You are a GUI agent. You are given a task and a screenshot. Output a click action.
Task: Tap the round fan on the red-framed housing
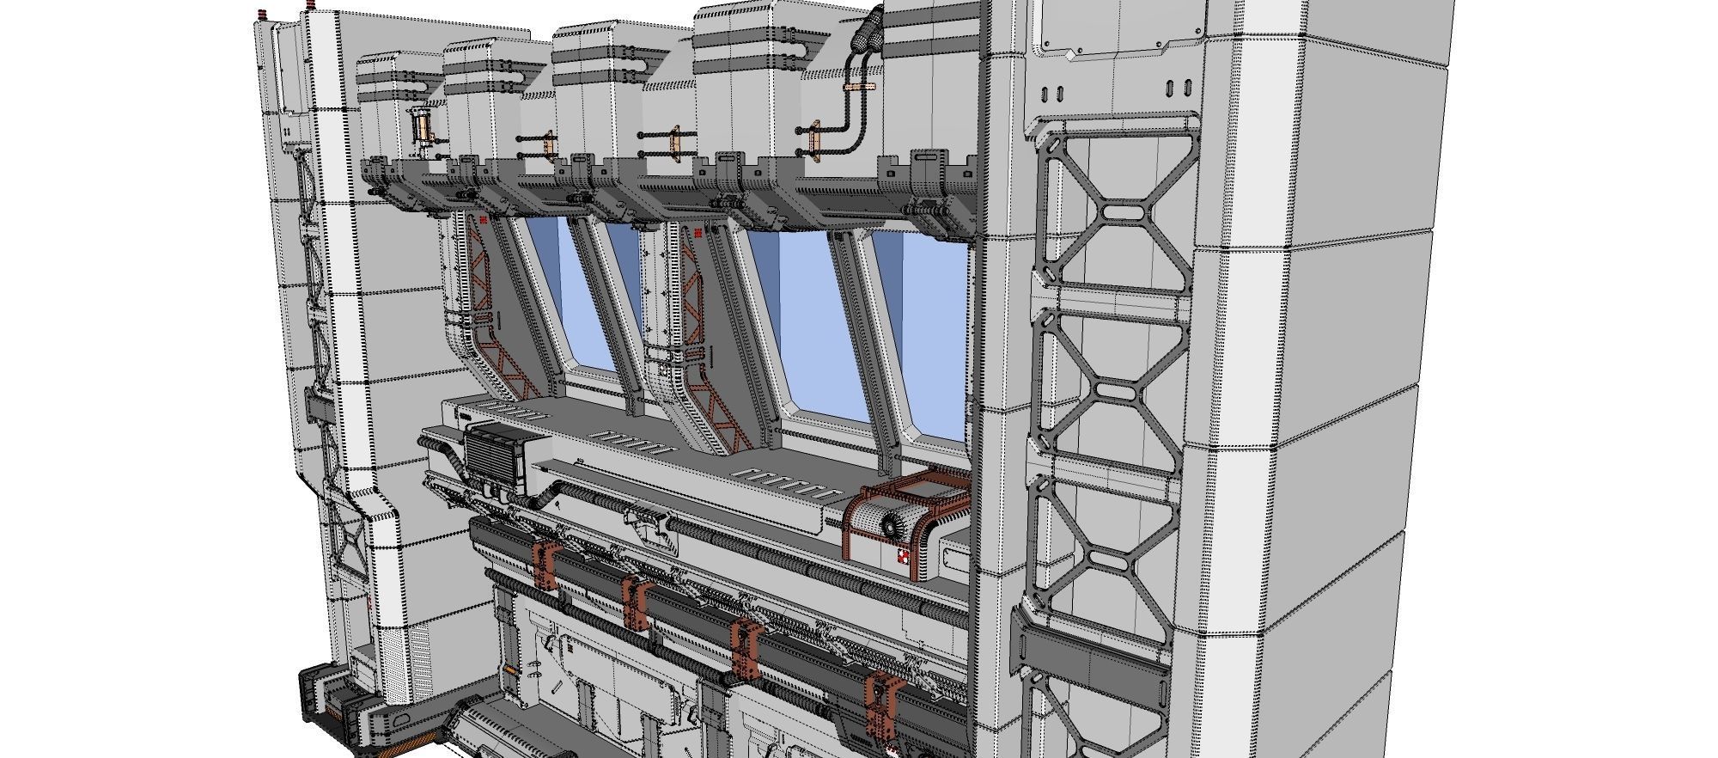891,523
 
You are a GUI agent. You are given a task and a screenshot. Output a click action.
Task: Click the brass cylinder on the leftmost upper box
422,127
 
